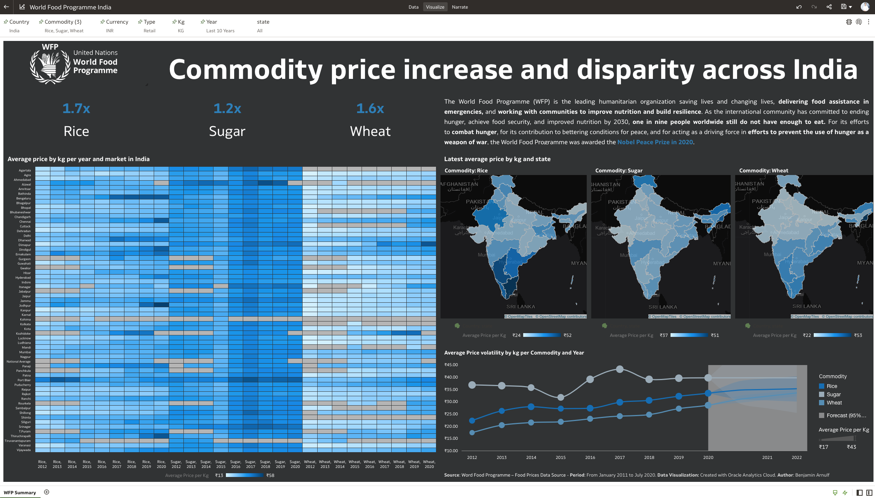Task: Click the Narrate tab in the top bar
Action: (x=460, y=7)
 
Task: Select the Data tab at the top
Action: (x=413, y=7)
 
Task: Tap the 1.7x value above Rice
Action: (x=76, y=109)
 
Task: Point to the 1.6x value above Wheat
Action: (x=370, y=109)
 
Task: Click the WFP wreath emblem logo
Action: (x=50, y=64)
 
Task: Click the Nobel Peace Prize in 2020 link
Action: (x=655, y=142)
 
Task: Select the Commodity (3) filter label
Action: (x=63, y=22)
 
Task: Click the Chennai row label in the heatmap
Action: (x=25, y=222)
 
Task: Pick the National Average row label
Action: (x=19, y=362)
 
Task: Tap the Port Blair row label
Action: (x=24, y=380)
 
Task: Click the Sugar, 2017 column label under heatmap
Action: (x=251, y=464)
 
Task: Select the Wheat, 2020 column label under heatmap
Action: (x=429, y=464)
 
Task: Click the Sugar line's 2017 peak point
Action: (x=620, y=369)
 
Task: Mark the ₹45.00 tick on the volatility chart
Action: (x=451, y=365)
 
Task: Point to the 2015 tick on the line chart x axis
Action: (x=560, y=457)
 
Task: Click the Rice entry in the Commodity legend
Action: (x=832, y=386)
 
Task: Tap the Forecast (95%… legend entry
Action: (x=846, y=415)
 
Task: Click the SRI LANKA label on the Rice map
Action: (x=521, y=307)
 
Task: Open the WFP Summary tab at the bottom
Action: (x=20, y=492)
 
